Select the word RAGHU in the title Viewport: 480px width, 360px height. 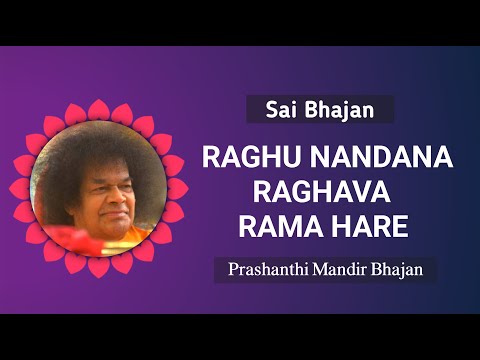click(x=247, y=160)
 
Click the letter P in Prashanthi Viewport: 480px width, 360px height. click(x=233, y=269)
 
